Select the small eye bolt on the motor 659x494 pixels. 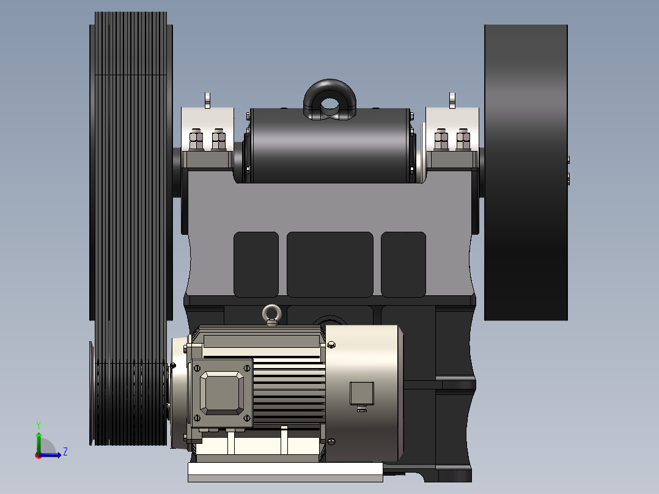pyautogui.click(x=270, y=314)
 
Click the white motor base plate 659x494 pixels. pyautogui.click(x=285, y=471)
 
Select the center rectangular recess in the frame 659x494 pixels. pyautogui.click(x=330, y=264)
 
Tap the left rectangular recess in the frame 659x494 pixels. pyautogui.click(x=256, y=264)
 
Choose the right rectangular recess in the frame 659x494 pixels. pyautogui.click(x=403, y=264)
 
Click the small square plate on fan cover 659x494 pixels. pyautogui.click(x=361, y=394)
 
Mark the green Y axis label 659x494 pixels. pyautogui.click(x=38, y=424)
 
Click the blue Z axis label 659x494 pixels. pyautogui.click(x=65, y=452)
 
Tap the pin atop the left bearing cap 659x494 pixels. pyautogui.click(x=207, y=100)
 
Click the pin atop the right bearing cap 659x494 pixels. pyautogui.click(x=452, y=100)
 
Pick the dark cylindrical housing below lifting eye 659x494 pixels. pyautogui.click(x=330, y=147)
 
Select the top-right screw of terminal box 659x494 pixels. pyautogui.click(x=248, y=367)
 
